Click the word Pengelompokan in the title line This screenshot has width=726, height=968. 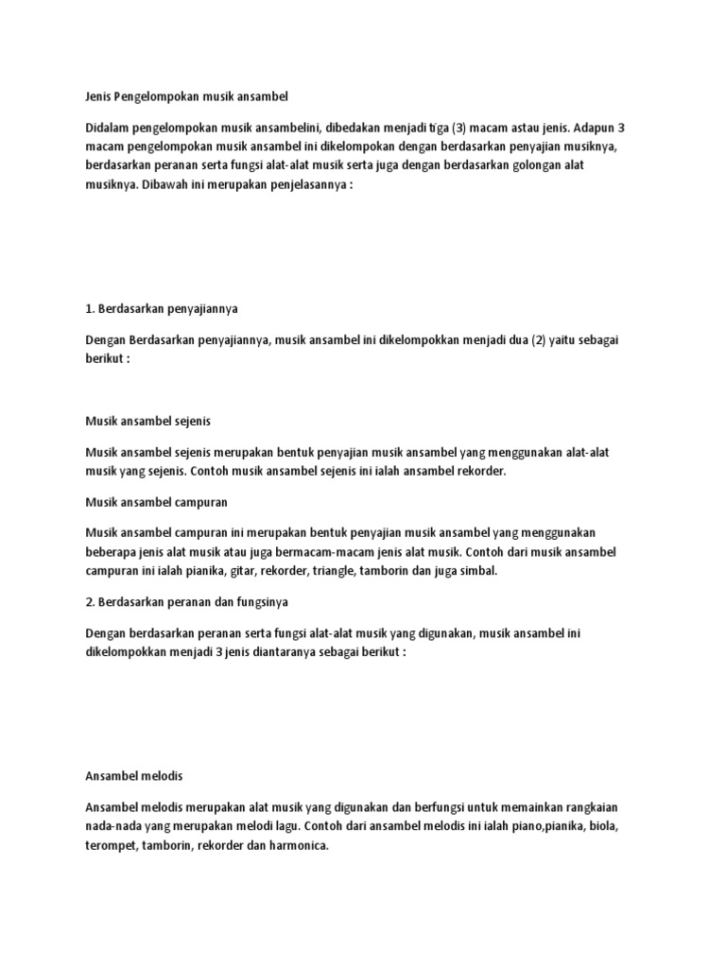162,96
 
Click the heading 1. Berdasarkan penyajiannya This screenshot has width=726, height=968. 167,309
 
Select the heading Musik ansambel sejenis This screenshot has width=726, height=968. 154,421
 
